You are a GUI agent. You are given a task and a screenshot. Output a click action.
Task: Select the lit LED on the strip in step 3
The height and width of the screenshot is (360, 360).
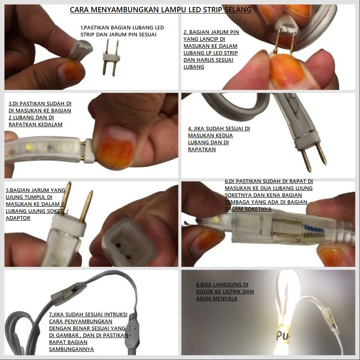tap(29, 146)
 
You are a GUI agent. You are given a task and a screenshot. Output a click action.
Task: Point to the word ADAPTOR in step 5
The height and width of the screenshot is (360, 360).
tap(18, 218)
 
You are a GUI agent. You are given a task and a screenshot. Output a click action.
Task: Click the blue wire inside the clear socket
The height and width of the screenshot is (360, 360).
tap(314, 229)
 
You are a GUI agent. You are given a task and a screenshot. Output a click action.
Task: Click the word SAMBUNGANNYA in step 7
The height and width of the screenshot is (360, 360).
tap(72, 349)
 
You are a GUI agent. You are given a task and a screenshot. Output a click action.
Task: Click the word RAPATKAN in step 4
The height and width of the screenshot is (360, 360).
tap(202, 150)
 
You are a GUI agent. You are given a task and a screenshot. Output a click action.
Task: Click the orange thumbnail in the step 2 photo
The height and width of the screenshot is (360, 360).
tap(285, 71)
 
